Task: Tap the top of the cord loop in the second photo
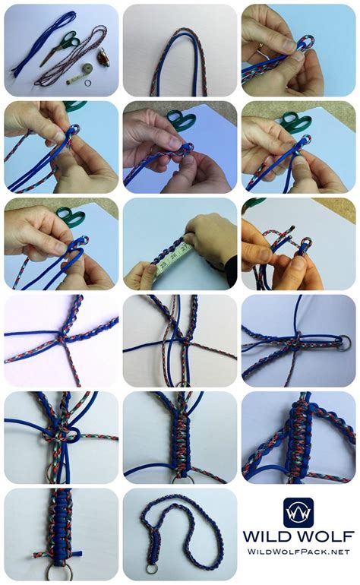pos(179,34)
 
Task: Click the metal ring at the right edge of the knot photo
pos(346,341)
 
